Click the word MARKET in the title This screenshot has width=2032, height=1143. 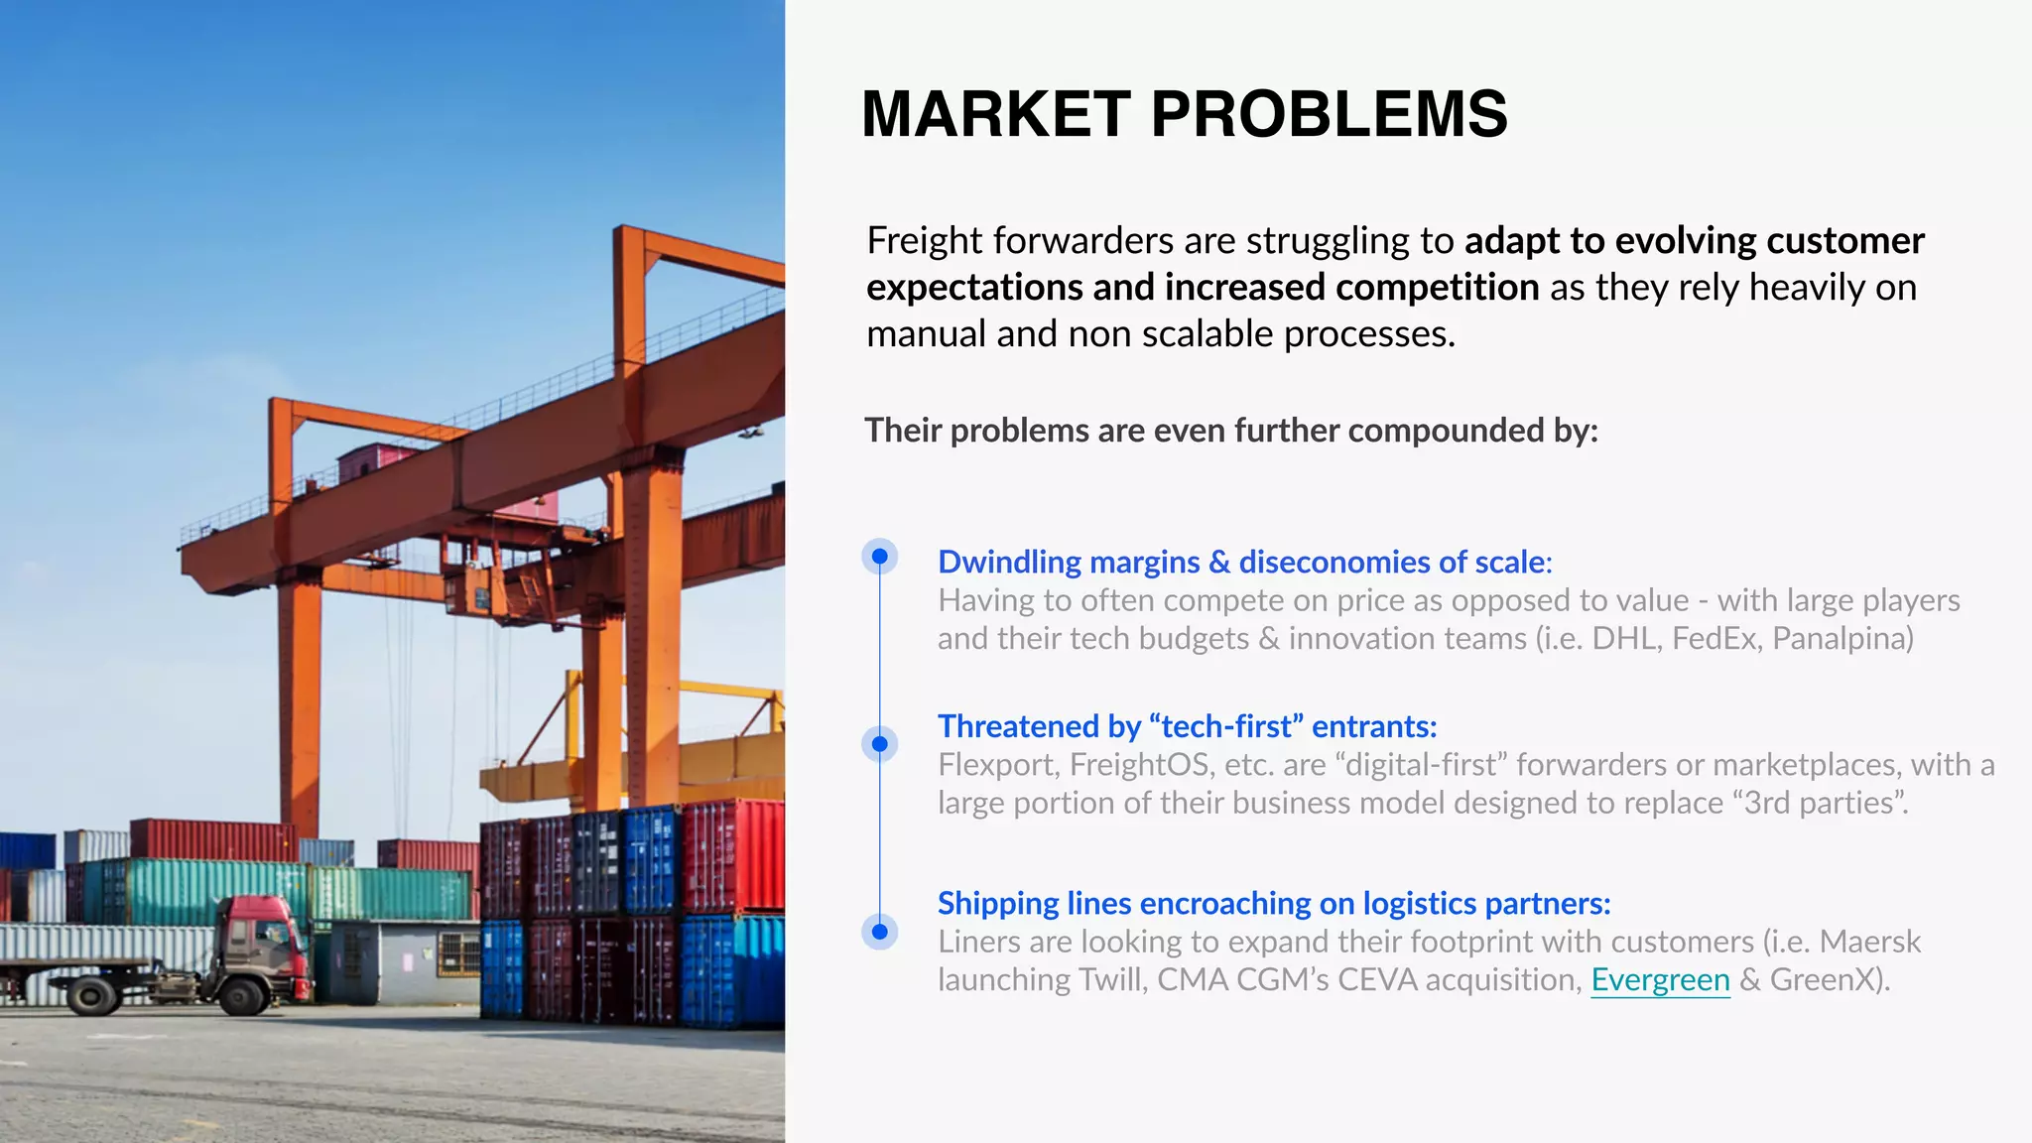[x=995, y=114]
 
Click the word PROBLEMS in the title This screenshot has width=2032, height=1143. [x=1329, y=114]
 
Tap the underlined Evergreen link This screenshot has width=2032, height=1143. [x=1660, y=980]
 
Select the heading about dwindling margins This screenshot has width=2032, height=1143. [x=1244, y=563]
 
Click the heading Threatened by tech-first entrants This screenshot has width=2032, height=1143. [x=1187, y=726]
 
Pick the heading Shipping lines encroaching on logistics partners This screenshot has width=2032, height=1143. [x=1273, y=904]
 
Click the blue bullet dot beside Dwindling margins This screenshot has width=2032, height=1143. [x=879, y=557]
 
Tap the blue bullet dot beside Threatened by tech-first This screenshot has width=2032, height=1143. [x=879, y=744]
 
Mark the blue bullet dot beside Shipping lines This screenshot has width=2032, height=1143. [x=879, y=932]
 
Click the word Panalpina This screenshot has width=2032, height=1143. [x=1841, y=639]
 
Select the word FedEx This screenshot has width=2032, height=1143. [x=1714, y=639]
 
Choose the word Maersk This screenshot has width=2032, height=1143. [x=1870, y=942]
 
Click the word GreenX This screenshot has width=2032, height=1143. [x=1827, y=980]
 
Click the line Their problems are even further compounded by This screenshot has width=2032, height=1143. [x=1230, y=431]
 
